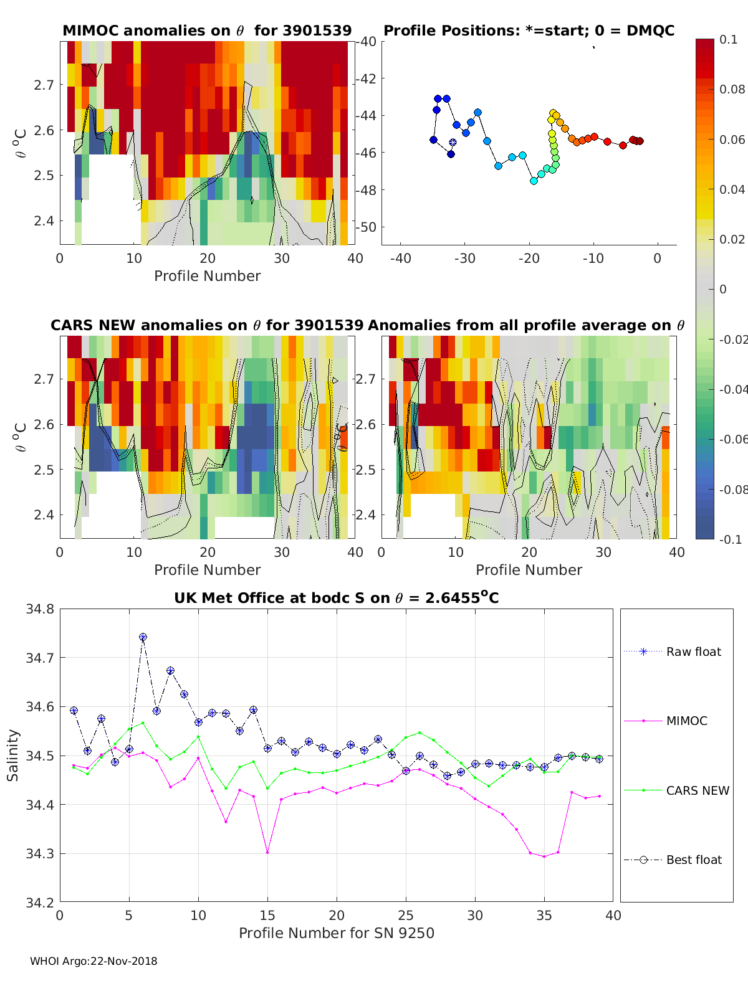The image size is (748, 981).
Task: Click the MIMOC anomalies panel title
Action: tap(207, 31)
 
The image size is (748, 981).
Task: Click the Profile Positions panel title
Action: tap(529, 31)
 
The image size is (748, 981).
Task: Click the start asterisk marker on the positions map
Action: tap(453, 143)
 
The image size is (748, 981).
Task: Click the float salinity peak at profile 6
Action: tap(143, 637)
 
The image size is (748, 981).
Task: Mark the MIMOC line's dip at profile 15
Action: tap(267, 852)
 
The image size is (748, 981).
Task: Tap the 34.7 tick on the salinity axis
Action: tap(39, 658)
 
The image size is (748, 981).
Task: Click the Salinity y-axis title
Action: tap(13, 755)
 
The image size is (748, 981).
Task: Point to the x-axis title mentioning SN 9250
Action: tap(336, 932)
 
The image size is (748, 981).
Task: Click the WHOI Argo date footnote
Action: tap(93, 961)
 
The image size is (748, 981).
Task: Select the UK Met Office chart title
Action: tap(336, 598)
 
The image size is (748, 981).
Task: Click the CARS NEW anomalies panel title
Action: tap(207, 325)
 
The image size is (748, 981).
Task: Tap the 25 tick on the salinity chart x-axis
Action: tap(406, 915)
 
